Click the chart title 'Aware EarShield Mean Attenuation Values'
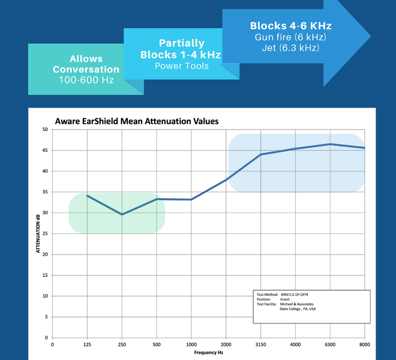tap(137, 121)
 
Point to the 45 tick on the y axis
tap(45, 150)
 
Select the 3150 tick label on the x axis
tap(261, 344)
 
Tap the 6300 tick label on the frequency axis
tap(330, 344)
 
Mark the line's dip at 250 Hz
tap(122, 214)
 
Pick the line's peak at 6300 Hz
tap(330, 144)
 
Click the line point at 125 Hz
tap(87, 195)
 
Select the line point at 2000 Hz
tap(226, 180)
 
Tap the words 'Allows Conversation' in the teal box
tap(86, 64)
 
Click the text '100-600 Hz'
tap(86, 80)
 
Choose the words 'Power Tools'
tap(182, 66)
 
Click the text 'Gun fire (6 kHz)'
tap(291, 37)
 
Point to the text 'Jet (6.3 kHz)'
tap(291, 48)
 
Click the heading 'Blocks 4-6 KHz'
tap(291, 26)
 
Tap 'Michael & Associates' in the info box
tap(297, 304)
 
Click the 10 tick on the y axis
tap(45, 296)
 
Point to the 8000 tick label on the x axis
tap(365, 344)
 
